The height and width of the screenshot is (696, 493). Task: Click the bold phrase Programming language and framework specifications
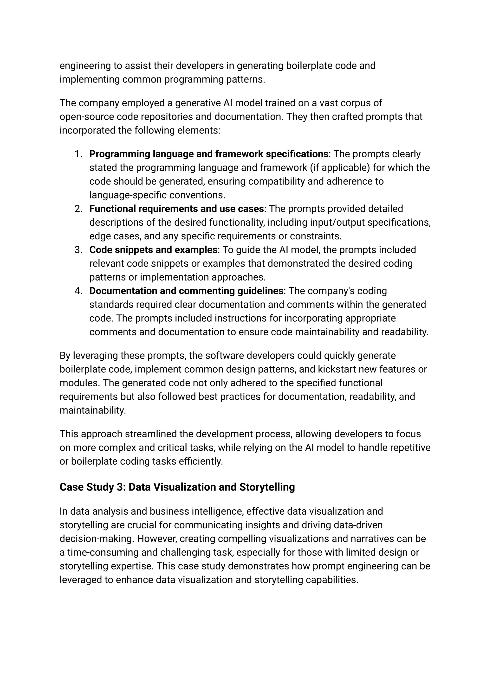pos(208,154)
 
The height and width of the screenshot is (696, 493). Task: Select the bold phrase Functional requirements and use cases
pos(176,209)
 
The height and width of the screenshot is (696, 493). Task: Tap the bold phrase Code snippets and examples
pos(153,250)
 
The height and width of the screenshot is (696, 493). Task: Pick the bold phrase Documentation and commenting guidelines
pos(186,291)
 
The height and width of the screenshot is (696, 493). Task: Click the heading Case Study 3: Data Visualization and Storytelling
pos(177,487)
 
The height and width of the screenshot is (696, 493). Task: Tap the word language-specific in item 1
pos(128,195)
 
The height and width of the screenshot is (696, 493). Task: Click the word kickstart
pos(339,369)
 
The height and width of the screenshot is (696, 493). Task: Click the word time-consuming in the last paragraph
pos(102,552)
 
